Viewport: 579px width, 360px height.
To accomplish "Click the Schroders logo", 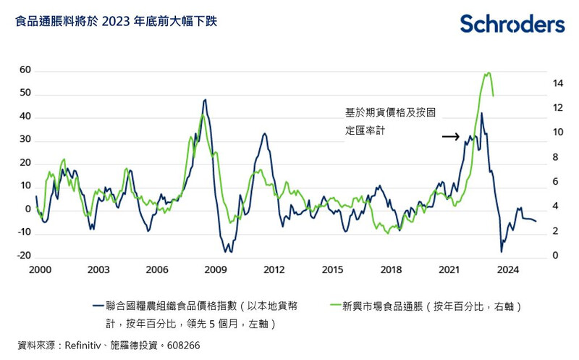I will tap(512, 24).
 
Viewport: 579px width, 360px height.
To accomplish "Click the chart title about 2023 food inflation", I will tap(115, 22).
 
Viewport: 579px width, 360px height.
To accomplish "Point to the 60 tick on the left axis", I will tap(25, 70).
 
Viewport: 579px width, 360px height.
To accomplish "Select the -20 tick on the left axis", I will tap(24, 256).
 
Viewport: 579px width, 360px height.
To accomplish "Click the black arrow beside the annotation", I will tap(450, 136).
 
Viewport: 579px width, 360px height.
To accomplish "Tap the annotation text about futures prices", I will tap(390, 122).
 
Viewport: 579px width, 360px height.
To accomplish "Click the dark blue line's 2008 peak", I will tap(205, 100).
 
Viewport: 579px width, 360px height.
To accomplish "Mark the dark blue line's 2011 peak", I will tap(265, 134).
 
